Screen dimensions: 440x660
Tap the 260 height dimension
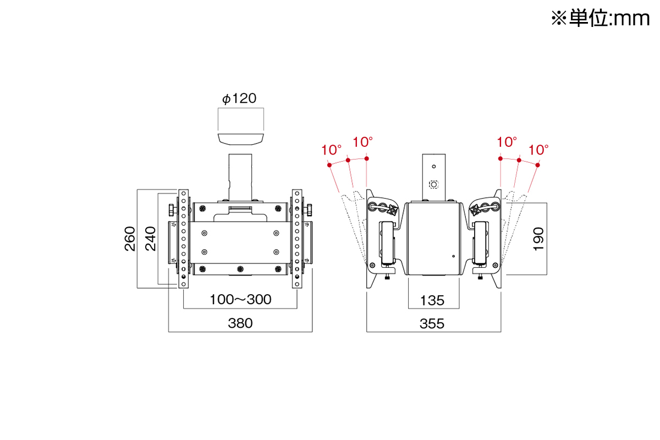[130, 238]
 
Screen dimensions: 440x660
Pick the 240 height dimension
[150, 238]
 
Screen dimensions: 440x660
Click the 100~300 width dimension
[240, 299]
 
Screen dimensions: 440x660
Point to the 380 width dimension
[240, 323]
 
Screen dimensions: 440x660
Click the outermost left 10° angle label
[332, 149]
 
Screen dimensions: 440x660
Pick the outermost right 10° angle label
[539, 149]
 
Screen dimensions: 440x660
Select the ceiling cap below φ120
[241, 138]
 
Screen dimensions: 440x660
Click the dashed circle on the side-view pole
[433, 184]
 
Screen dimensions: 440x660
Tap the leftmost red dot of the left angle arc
[329, 165]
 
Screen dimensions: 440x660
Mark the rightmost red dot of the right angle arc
[538, 165]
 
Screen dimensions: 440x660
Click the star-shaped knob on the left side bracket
[392, 210]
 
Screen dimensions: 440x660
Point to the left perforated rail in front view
[183, 239]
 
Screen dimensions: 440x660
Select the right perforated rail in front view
[297, 239]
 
